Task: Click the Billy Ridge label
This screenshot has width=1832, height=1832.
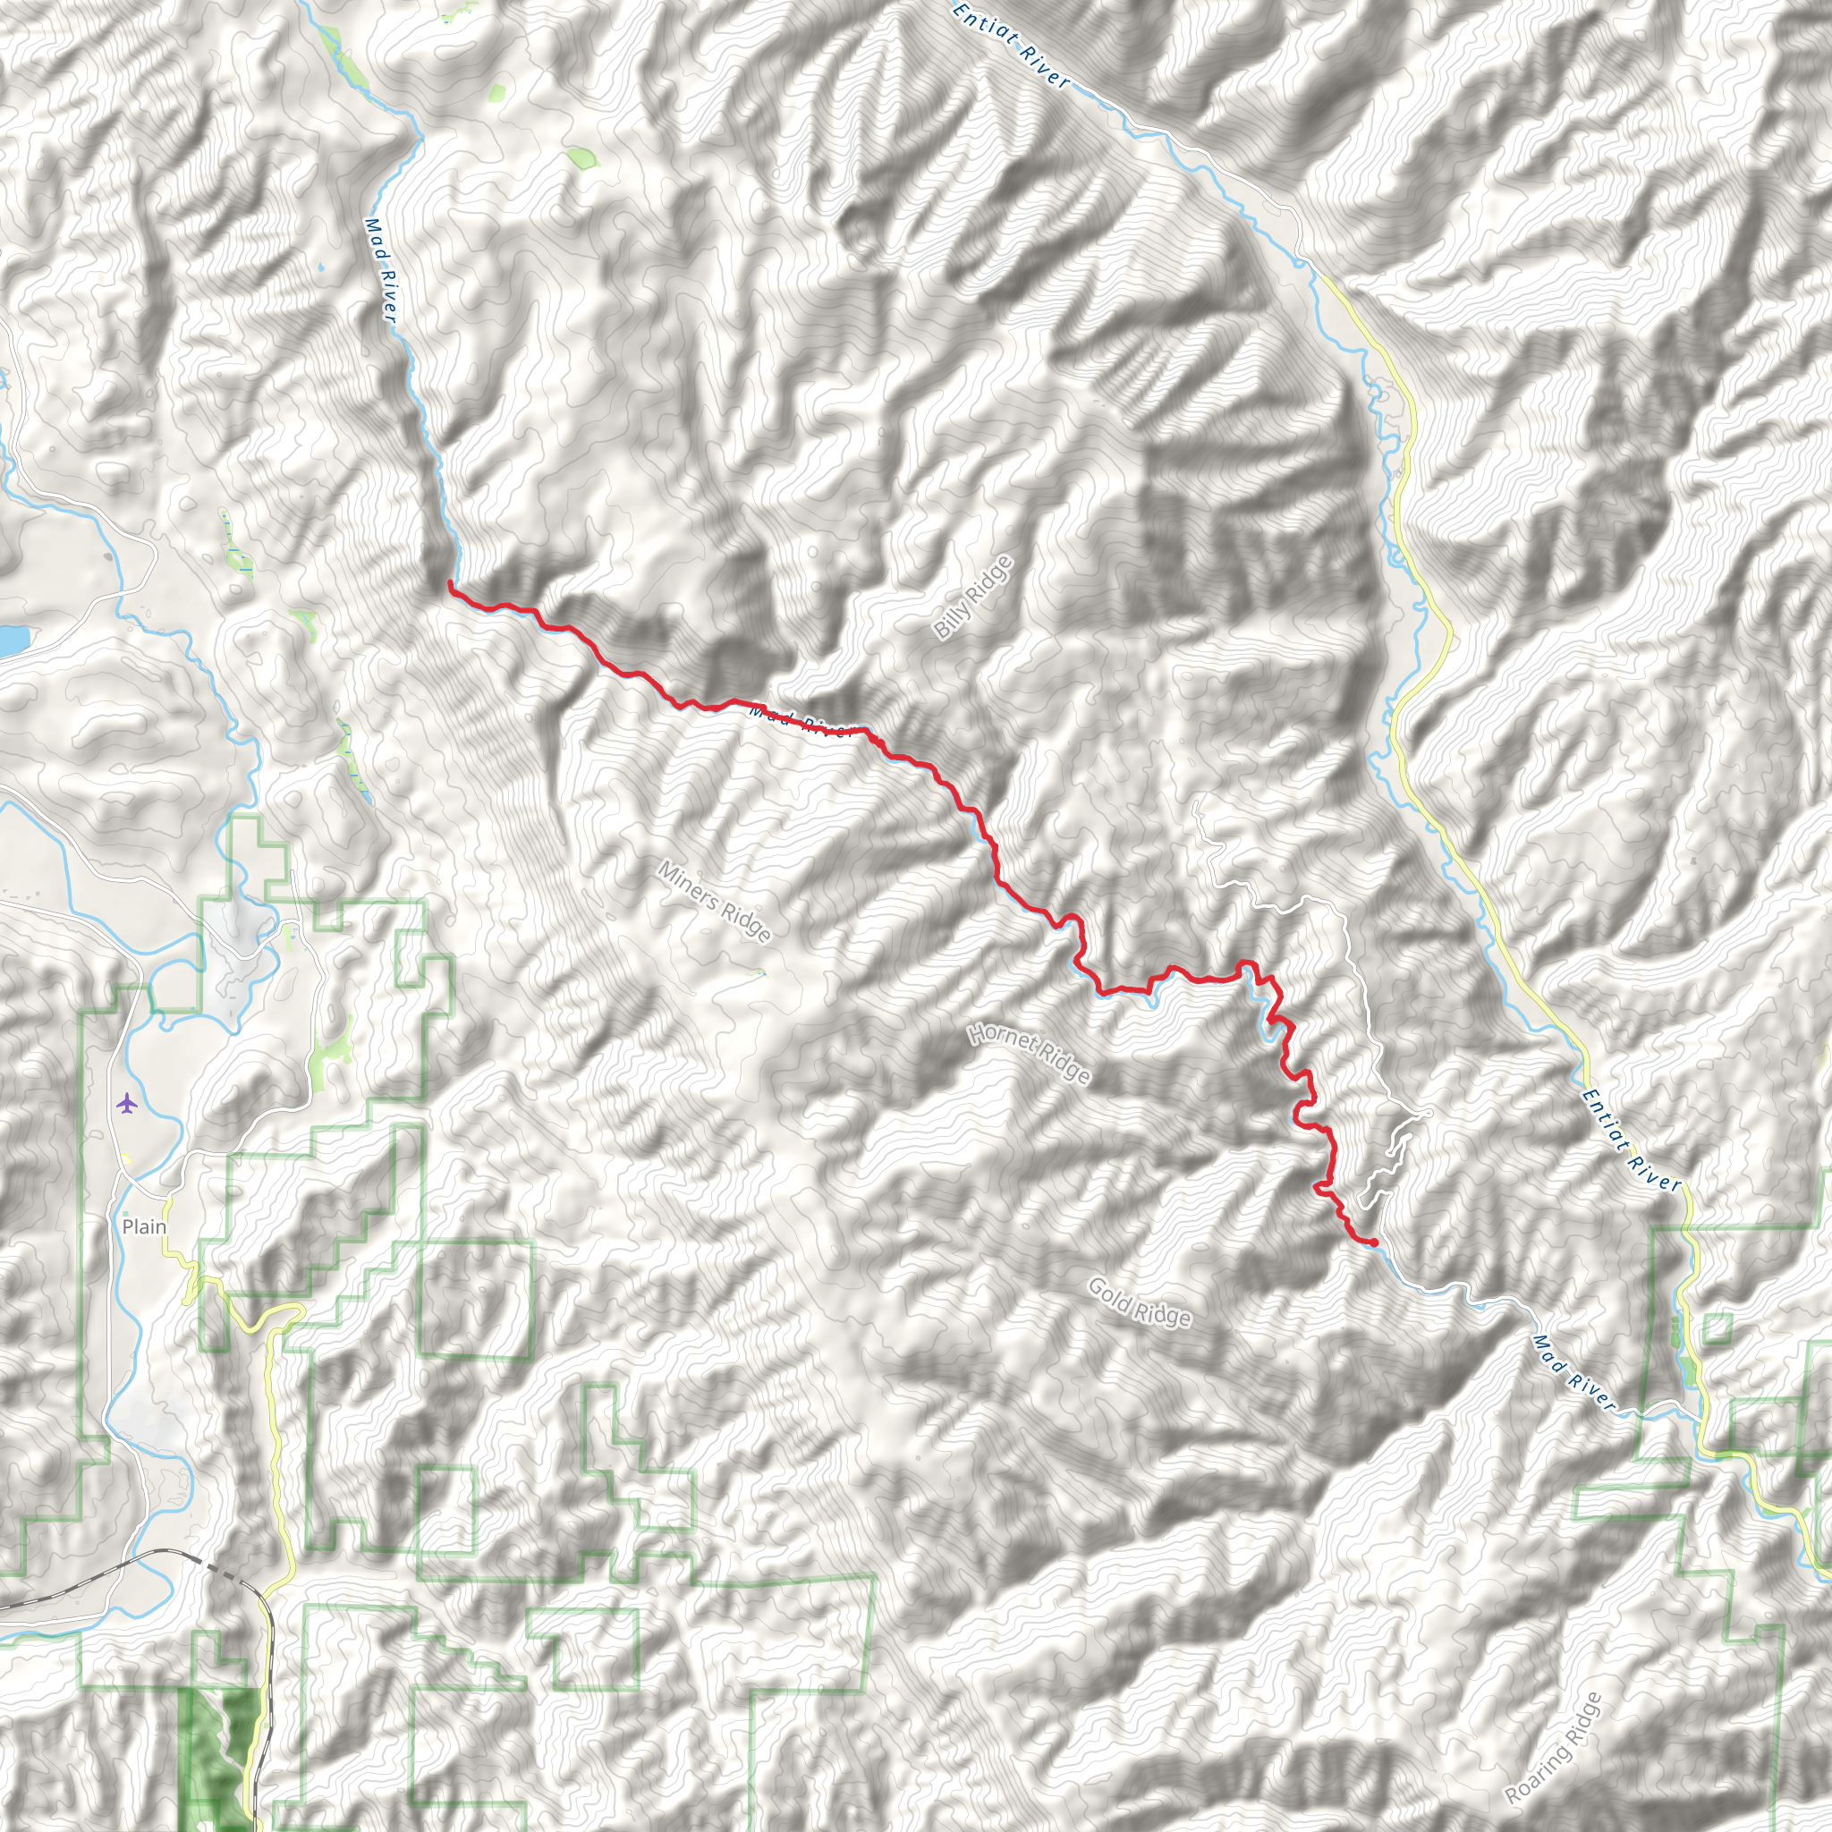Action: pos(973,598)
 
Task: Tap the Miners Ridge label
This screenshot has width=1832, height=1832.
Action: pos(714,902)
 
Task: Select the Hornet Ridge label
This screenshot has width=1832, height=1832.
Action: pos(1029,1054)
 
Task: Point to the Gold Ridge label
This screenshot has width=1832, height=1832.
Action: pos(1139,1302)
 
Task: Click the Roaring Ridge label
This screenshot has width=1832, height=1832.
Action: pos(1552,1749)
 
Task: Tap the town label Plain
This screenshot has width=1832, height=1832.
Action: pos(144,1227)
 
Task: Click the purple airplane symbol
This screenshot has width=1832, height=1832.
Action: pos(126,1103)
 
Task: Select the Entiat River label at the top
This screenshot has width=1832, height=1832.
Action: pos(1011,46)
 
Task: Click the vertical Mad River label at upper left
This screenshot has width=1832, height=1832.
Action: pos(379,270)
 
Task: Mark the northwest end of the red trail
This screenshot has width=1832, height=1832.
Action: pos(449,583)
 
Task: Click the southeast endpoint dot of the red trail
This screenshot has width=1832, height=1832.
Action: pos(1374,1243)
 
